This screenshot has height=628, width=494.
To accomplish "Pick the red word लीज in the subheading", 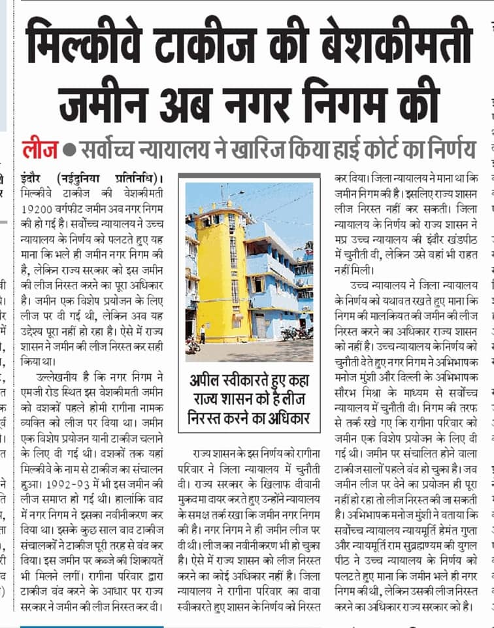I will pyautogui.click(x=41, y=149).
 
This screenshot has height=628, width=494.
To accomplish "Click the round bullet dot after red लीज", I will pyautogui.click(x=70, y=150).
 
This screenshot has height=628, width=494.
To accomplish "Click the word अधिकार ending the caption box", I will pyautogui.click(x=286, y=417).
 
